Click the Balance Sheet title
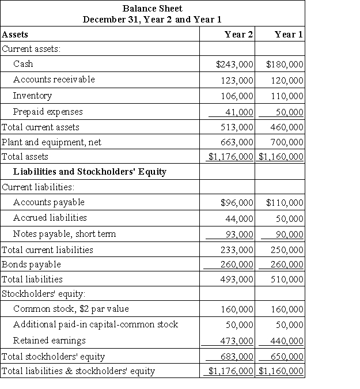coord(152,9)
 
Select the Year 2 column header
coord(238,34)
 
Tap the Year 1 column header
coord(289,34)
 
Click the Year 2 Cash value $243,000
coord(234,65)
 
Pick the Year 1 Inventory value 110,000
coord(286,96)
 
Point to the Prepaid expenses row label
coord(48,111)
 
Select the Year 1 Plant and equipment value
coord(286,142)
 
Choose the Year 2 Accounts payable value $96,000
coord(237,203)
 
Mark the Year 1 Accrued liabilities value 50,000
coord(289,218)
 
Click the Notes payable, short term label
coord(65,233)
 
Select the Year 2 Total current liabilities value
coord(237,250)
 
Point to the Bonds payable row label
coord(32,265)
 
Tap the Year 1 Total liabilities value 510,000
coord(286,280)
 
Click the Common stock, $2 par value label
coord(71,309)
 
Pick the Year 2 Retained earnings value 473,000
coord(237,341)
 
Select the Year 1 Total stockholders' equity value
coord(286,357)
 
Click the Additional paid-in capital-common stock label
coord(96,324)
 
